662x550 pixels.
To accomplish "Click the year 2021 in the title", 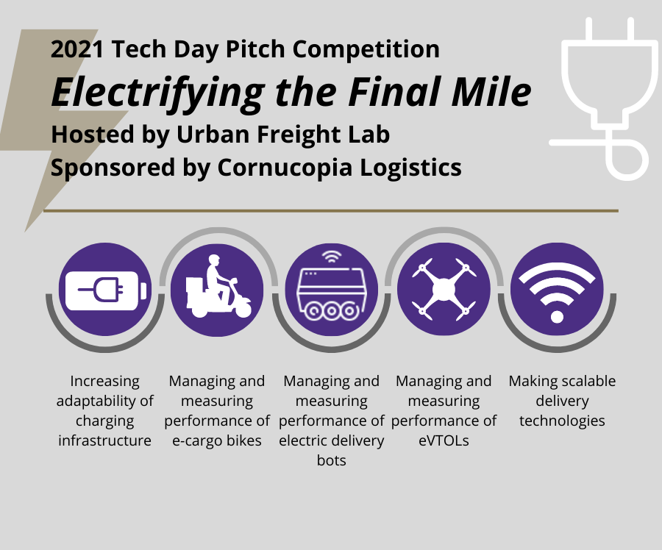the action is coord(76,49).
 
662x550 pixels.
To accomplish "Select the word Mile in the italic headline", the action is coord(491,92).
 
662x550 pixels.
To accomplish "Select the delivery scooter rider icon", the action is coord(218,286).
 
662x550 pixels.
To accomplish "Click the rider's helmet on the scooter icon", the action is coord(214,259).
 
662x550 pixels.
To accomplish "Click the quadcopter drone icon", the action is coord(444,289).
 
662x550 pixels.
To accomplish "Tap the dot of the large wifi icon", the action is coord(557,317).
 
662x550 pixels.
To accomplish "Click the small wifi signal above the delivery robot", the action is coord(332,256).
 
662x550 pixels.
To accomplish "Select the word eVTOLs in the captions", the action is coord(444,440).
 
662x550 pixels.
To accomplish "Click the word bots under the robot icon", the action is coord(332,460).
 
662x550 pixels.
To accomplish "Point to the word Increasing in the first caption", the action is coord(104,382).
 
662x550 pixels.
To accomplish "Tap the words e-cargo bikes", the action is coord(217,441).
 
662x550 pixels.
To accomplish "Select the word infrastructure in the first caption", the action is coord(104,440).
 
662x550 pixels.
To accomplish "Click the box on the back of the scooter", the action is coord(195,292).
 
